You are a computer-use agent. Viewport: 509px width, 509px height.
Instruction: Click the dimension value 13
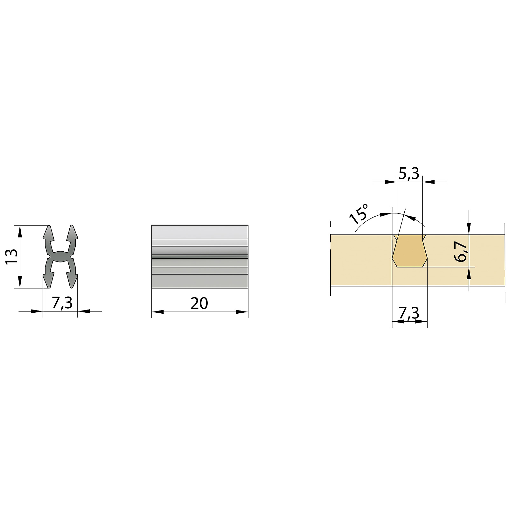(x=11, y=256)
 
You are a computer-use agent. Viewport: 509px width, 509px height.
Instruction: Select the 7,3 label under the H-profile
(x=62, y=303)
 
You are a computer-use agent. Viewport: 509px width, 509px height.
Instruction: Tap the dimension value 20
(x=199, y=303)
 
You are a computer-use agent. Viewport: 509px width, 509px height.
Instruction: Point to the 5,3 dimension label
(x=409, y=174)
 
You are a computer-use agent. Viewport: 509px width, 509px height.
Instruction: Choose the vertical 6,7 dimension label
(x=461, y=251)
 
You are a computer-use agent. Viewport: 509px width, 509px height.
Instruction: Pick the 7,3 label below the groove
(x=409, y=313)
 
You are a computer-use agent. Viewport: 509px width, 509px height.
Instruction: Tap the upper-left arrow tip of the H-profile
(x=49, y=226)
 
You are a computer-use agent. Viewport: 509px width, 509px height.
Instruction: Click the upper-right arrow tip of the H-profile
(x=72, y=226)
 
